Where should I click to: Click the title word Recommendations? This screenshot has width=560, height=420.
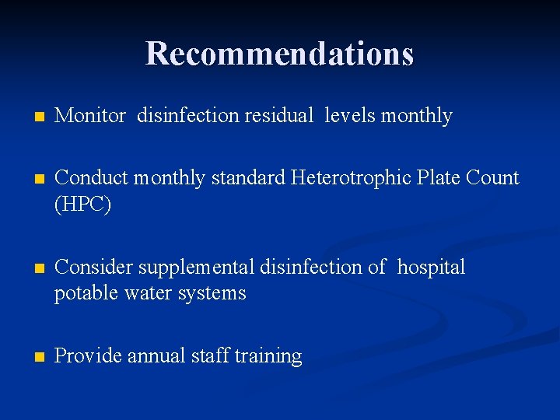pyautogui.click(x=279, y=54)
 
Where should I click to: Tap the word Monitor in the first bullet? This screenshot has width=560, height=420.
pyautogui.click(x=90, y=116)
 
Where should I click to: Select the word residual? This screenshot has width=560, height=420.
pyautogui.click(x=278, y=116)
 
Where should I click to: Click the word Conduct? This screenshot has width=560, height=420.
pyautogui.click(x=92, y=178)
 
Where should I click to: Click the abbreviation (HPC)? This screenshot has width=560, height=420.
pyautogui.click(x=83, y=205)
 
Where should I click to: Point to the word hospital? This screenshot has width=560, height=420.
pyautogui.click(x=431, y=268)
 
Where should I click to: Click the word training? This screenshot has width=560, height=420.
pyautogui.click(x=268, y=357)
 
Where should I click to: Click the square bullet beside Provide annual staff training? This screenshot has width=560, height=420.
pyautogui.click(x=30, y=357)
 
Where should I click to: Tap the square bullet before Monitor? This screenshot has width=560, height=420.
pyautogui.click(x=30, y=117)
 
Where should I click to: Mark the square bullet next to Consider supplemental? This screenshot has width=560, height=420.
pyautogui.click(x=30, y=268)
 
